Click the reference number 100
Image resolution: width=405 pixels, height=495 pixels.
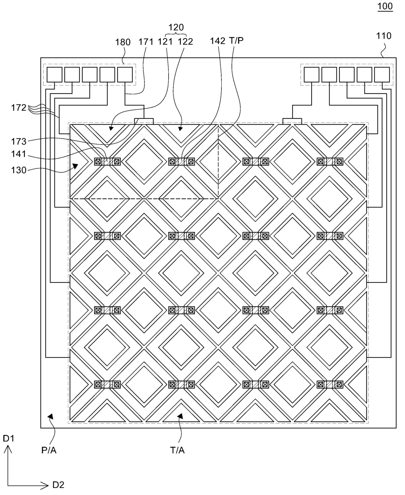point(385,6)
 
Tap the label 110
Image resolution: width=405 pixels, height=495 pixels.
point(383,36)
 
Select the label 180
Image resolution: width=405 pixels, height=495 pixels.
point(123,42)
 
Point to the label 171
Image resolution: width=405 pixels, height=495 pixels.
point(146,42)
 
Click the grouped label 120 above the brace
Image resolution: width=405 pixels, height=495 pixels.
point(176,27)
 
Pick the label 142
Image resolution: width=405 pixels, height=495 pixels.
point(218,41)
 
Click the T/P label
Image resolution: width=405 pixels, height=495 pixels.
point(236,41)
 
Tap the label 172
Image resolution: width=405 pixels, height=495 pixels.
point(19,108)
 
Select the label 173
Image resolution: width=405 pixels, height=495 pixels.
point(19,141)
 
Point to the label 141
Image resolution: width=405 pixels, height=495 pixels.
point(19,154)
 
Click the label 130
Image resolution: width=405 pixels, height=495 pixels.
point(19,170)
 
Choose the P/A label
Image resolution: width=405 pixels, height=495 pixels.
point(49,450)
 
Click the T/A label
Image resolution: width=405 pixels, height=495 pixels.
point(177,450)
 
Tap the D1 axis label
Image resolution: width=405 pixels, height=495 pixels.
point(8,438)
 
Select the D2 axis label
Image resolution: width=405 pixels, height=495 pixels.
point(58,485)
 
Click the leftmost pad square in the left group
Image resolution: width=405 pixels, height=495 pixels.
point(54,75)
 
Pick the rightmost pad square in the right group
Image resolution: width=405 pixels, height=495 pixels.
point(382,75)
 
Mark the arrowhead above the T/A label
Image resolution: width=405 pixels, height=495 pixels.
point(179,415)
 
